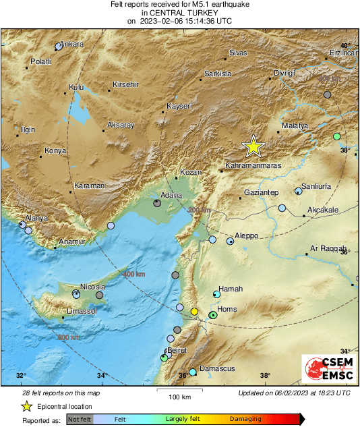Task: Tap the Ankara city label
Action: coord(71,45)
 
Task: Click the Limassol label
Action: coord(82,311)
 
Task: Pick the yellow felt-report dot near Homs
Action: coord(195,312)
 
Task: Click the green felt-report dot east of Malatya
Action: coord(337,137)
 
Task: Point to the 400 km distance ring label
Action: coord(133,274)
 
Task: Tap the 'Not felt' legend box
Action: coord(80,420)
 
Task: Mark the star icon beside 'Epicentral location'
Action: coord(26,406)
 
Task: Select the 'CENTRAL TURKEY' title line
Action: coord(179,13)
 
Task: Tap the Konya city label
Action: coord(55,150)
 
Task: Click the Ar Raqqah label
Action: coord(328,249)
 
